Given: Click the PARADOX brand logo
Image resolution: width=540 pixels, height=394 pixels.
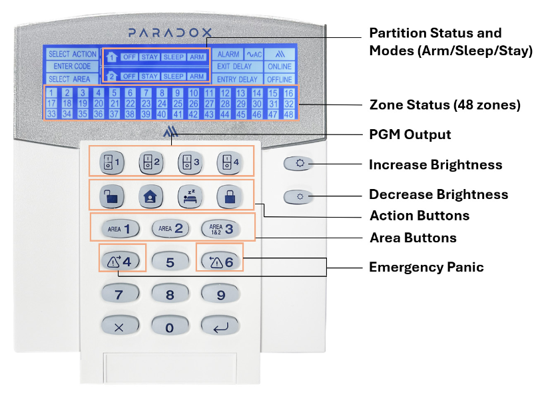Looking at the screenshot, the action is pyautogui.click(x=170, y=33).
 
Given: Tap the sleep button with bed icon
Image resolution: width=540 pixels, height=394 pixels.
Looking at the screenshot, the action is pyautogui.click(x=190, y=196).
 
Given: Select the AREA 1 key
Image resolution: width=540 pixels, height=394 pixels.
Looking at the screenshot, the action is pyautogui.click(x=121, y=229).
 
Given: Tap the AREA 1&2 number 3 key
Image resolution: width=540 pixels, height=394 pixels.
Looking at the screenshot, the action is pyautogui.click(x=220, y=229).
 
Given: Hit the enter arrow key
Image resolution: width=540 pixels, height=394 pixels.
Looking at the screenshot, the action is pyautogui.click(x=220, y=326).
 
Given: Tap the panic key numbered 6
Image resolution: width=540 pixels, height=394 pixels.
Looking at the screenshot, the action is pyautogui.click(x=220, y=262).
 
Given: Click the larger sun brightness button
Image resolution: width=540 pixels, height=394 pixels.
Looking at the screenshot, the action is pyautogui.click(x=298, y=164).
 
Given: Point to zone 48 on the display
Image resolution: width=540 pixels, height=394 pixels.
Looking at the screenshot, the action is pyautogui.click(x=288, y=114).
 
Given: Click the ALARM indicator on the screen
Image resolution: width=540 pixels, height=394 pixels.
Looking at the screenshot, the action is pyautogui.click(x=228, y=55).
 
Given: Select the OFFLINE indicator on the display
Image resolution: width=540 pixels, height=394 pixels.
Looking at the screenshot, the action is pyautogui.click(x=279, y=79).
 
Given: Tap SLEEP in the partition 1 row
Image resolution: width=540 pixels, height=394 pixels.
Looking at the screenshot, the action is pyautogui.click(x=174, y=57).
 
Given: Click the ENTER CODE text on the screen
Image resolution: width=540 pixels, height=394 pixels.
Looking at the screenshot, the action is pyautogui.click(x=72, y=66).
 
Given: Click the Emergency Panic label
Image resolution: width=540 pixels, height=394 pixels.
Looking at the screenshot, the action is pyautogui.click(x=426, y=267).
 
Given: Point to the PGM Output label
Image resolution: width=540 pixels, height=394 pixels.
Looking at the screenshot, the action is pyautogui.click(x=409, y=134).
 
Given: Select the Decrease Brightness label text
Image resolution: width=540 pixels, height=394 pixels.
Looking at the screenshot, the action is pyautogui.click(x=438, y=194).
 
